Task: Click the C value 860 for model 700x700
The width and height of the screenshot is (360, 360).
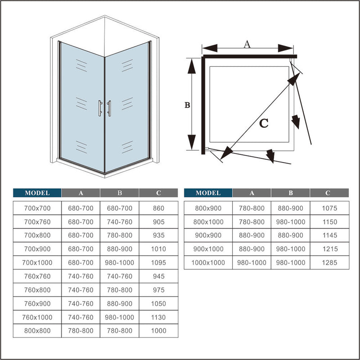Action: [158, 208]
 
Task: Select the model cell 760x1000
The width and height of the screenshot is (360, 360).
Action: [37, 317]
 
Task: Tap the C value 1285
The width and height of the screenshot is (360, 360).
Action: [329, 262]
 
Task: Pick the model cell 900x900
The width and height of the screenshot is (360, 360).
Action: [208, 235]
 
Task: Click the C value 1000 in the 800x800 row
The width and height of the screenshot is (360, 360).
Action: [158, 331]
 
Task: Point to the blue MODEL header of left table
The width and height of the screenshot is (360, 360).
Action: [37, 193]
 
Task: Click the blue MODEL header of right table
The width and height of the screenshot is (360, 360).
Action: [208, 193]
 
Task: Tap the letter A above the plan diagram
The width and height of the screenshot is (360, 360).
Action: [247, 44]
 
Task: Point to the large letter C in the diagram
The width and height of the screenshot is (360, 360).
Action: [264, 122]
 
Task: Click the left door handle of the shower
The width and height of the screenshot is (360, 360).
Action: [100, 108]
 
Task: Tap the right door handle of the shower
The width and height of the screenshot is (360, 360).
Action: [109, 108]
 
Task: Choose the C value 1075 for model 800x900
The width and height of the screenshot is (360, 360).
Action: [329, 208]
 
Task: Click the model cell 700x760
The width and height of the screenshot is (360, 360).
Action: [37, 222]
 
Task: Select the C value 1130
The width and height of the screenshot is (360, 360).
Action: [158, 317]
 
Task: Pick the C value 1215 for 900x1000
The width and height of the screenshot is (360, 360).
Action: [329, 249]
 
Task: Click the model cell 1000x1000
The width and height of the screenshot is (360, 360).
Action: [208, 262]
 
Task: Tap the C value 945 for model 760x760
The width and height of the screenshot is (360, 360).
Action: [158, 276]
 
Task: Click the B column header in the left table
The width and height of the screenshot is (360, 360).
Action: [120, 193]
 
